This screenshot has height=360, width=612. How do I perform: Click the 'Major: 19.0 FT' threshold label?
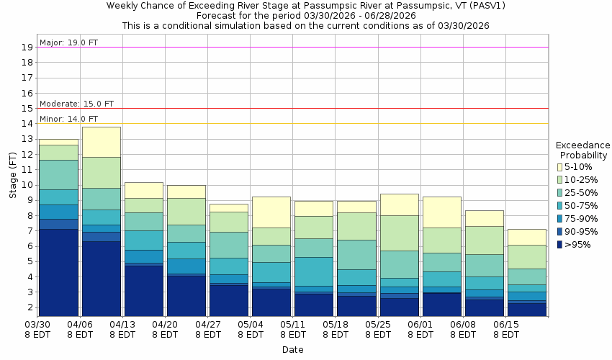click(x=68, y=42)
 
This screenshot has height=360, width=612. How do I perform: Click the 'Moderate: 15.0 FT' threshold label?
click(x=76, y=104)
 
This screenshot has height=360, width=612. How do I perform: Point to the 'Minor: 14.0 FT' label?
click(x=68, y=119)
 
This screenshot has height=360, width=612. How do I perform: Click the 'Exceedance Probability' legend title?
click(x=582, y=150)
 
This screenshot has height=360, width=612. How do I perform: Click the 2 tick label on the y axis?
click(x=30, y=307)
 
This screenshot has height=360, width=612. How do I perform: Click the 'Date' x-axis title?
click(x=292, y=350)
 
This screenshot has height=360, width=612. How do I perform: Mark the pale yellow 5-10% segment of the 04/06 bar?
click(x=101, y=142)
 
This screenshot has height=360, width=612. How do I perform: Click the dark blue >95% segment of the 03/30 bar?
click(x=58, y=272)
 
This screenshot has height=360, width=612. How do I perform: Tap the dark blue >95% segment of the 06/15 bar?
click(x=526, y=309)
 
